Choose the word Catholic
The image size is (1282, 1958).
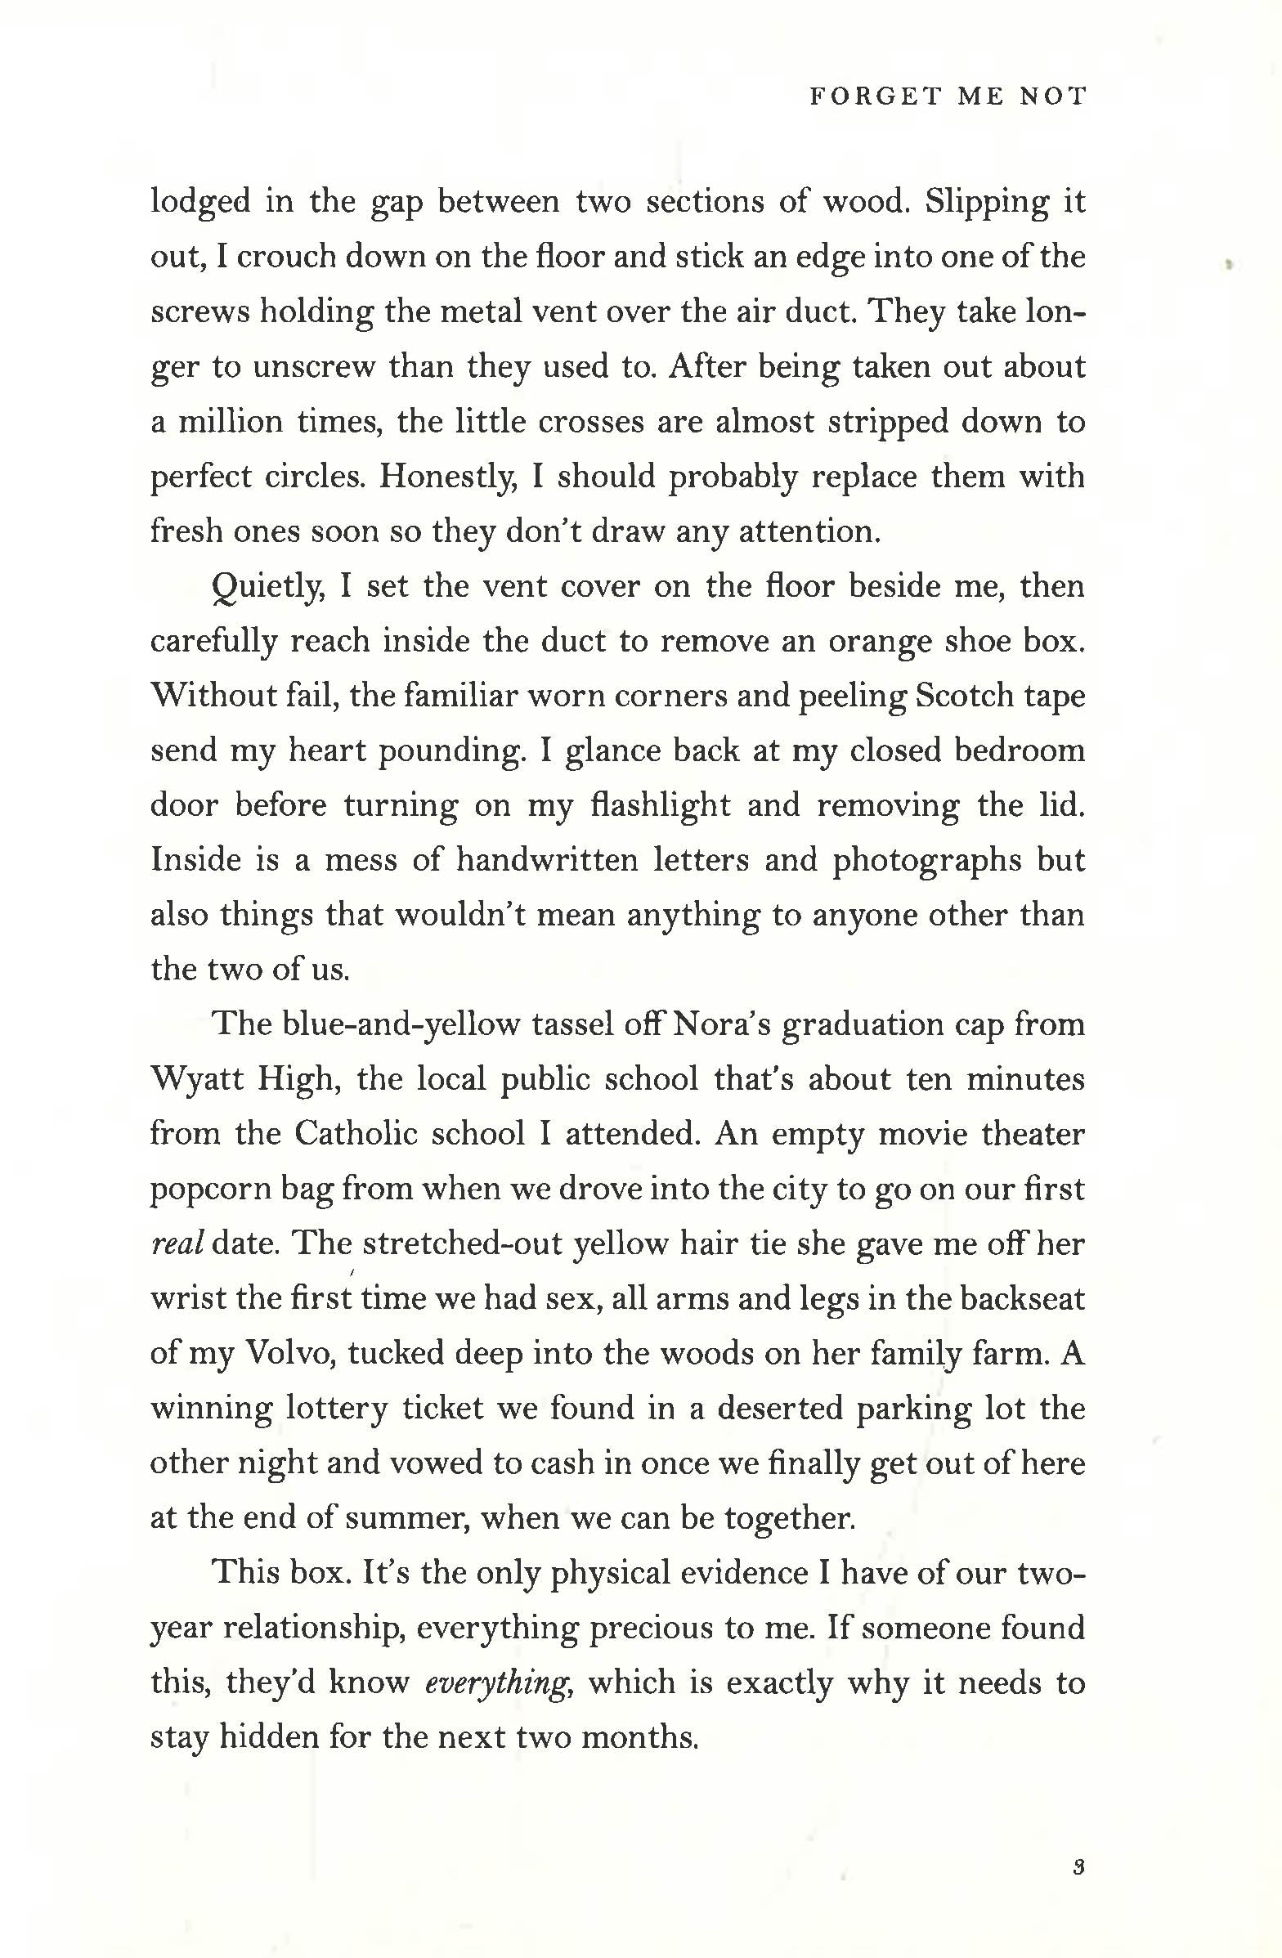tap(356, 1135)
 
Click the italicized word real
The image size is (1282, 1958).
tap(176, 1244)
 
